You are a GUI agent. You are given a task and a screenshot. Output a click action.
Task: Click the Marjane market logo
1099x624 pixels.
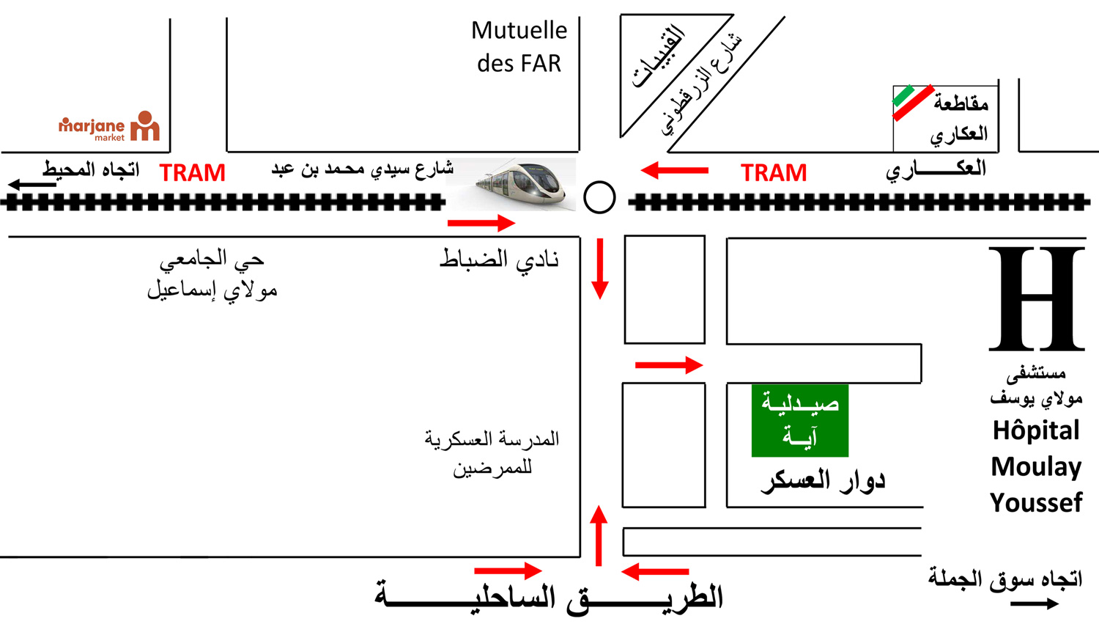pos(109,127)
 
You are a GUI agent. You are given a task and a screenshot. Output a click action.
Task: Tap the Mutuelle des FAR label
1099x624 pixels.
pos(519,47)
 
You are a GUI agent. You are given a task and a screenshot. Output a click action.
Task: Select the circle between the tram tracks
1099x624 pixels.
pos(599,197)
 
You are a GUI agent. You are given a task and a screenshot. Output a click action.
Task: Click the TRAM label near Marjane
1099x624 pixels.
pos(193,173)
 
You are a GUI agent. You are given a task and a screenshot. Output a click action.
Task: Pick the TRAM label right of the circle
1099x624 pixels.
pos(774,173)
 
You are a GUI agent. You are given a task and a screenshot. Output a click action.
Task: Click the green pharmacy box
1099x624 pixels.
pos(799,420)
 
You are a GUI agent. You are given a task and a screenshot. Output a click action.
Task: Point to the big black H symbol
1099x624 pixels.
pos(1036,298)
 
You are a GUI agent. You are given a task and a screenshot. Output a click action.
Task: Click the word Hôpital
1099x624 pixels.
pos(1036,430)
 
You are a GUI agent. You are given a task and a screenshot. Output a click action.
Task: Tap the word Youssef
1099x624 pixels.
pos(1036,503)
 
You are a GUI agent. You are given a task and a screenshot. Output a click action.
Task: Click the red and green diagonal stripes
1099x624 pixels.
pos(913,102)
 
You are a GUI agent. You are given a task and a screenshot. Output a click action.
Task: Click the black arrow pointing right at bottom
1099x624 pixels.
pos(1034,603)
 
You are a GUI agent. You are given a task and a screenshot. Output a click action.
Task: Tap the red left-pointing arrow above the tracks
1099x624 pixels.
pos(674,171)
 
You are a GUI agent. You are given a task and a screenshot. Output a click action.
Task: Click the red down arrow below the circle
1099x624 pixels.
pos(600,268)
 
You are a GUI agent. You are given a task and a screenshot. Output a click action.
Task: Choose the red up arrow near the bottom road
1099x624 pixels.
pos(599,535)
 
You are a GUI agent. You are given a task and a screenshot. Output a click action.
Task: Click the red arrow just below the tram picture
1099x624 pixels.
pos(481,223)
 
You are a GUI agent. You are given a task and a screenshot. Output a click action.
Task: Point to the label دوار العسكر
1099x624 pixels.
pos(823,481)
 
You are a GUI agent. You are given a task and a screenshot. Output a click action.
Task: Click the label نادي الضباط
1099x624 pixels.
pos(499,260)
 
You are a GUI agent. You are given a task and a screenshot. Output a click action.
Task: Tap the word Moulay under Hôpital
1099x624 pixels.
pos(1036,467)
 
